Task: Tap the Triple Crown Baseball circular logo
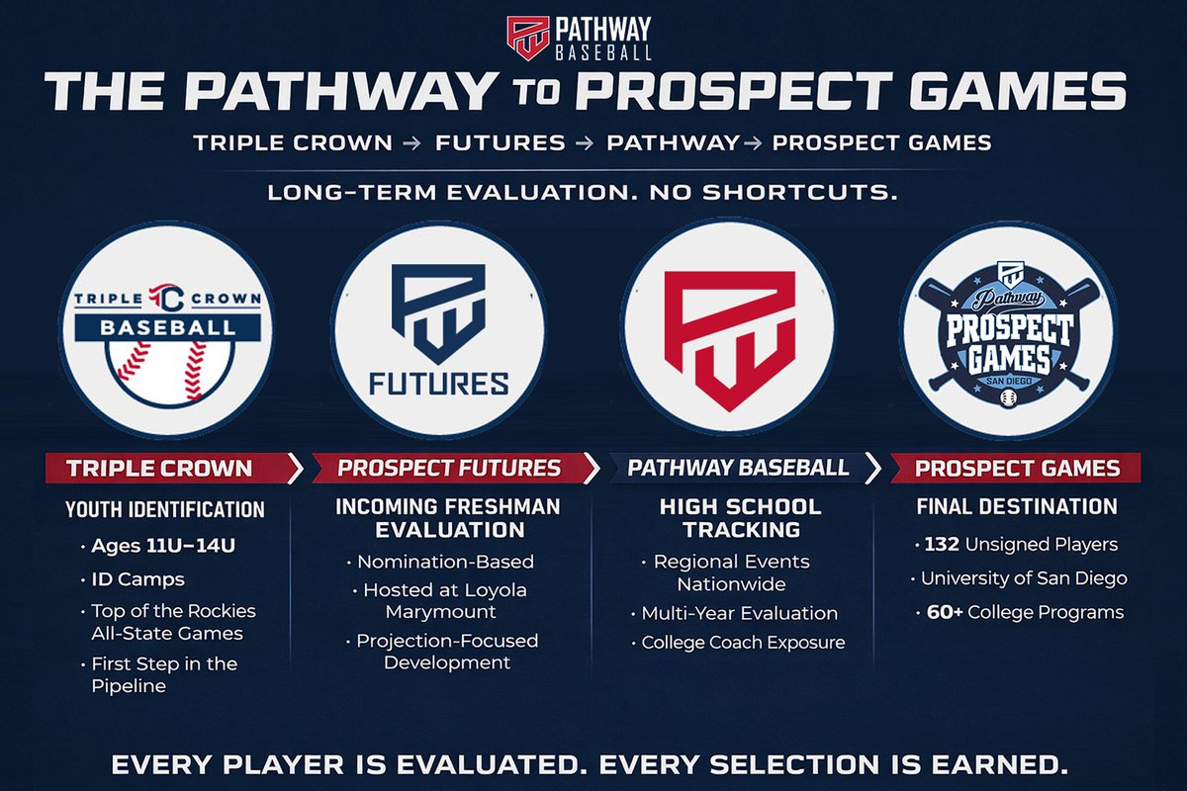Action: tap(165, 328)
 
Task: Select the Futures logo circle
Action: tap(438, 329)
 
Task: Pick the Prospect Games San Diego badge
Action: tap(1007, 329)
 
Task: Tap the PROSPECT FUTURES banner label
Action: tap(449, 468)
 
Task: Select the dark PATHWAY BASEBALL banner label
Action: tap(738, 468)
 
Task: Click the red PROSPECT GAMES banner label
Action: tap(1017, 468)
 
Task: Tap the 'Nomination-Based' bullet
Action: tap(445, 562)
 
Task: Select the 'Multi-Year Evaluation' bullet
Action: tap(738, 613)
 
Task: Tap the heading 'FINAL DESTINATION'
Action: tap(1017, 507)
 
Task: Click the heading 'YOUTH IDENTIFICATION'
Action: tap(165, 510)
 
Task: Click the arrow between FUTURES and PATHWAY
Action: tap(586, 143)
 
